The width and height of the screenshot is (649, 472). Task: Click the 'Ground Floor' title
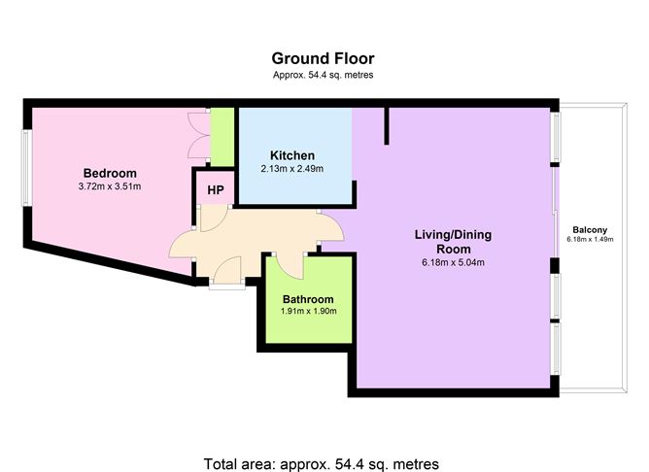[322, 58]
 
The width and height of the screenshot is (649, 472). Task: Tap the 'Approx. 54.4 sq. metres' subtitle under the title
[322, 75]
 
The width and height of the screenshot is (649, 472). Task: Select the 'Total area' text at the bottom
[322, 462]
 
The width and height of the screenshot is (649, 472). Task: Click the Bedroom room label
[110, 173]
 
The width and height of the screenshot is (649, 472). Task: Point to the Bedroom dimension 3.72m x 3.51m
[110, 186]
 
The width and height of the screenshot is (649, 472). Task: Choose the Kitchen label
[292, 155]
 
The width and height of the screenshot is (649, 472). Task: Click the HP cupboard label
[215, 190]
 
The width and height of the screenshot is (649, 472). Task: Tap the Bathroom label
[308, 299]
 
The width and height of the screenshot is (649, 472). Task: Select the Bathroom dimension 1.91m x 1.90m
[308, 312]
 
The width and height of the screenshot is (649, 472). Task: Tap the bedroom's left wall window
[26, 166]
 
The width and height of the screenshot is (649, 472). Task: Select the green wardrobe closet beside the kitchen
[222, 136]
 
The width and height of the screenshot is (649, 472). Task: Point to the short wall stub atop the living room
[387, 124]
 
